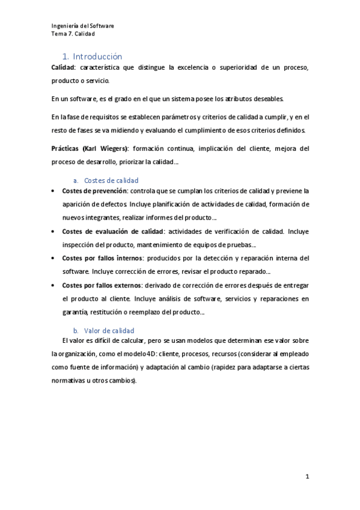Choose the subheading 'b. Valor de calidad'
103,331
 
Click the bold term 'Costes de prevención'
90,191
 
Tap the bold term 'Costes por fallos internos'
100,258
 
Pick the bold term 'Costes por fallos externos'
100,285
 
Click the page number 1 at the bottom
307,477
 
